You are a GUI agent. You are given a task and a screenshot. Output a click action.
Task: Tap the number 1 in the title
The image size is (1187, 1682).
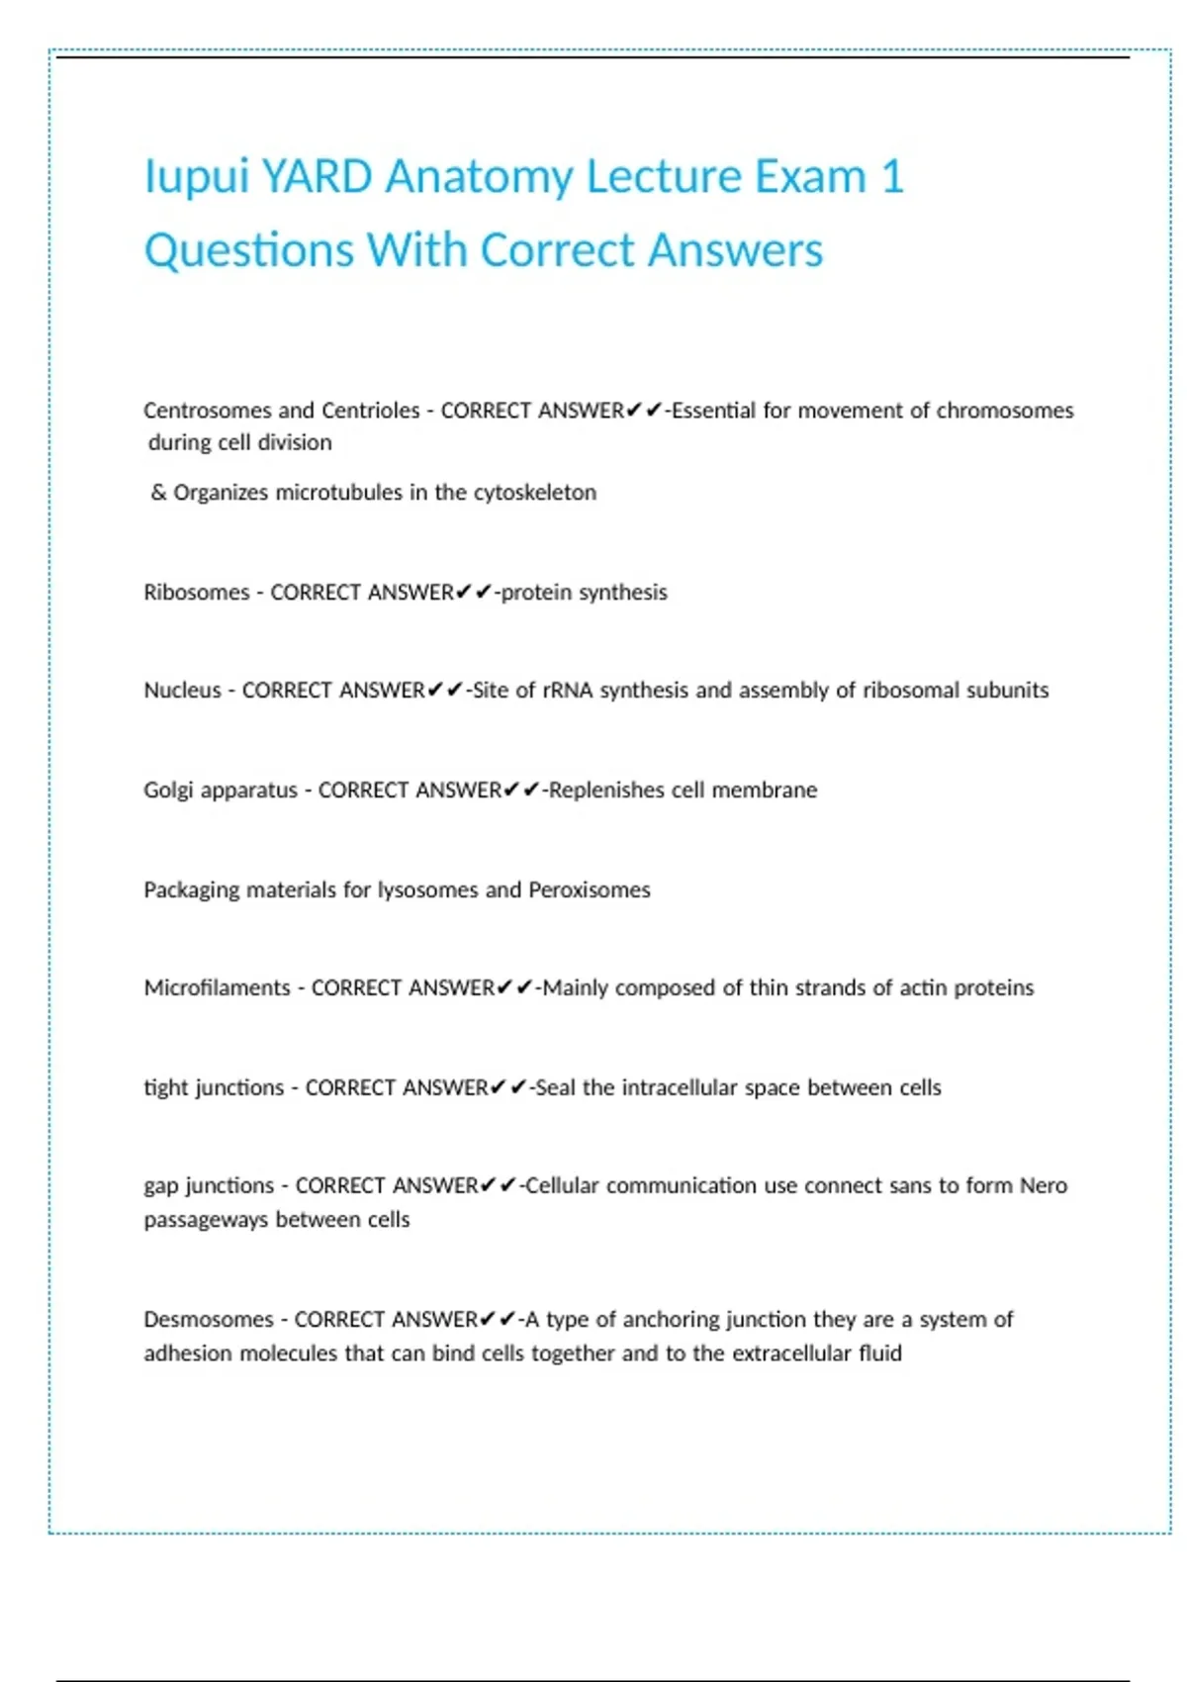point(891,177)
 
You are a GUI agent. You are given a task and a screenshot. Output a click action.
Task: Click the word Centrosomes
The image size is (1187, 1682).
point(207,411)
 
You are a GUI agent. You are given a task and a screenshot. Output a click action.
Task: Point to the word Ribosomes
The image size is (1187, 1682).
point(196,593)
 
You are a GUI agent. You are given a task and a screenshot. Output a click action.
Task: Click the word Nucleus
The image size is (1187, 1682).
point(182,691)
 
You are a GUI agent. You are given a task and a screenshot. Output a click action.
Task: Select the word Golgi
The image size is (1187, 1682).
point(167,791)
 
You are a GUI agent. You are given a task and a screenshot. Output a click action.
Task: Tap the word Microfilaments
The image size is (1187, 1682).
point(217,988)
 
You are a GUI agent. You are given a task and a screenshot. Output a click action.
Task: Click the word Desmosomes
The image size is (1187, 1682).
point(208,1320)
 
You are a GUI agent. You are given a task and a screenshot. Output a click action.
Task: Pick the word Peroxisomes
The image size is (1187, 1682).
point(590,890)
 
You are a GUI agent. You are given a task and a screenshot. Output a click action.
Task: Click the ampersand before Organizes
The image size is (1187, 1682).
point(158,493)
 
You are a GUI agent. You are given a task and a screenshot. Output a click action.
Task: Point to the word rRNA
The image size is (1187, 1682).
point(567,691)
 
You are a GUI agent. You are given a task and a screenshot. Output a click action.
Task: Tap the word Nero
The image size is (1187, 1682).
point(1044,1186)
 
